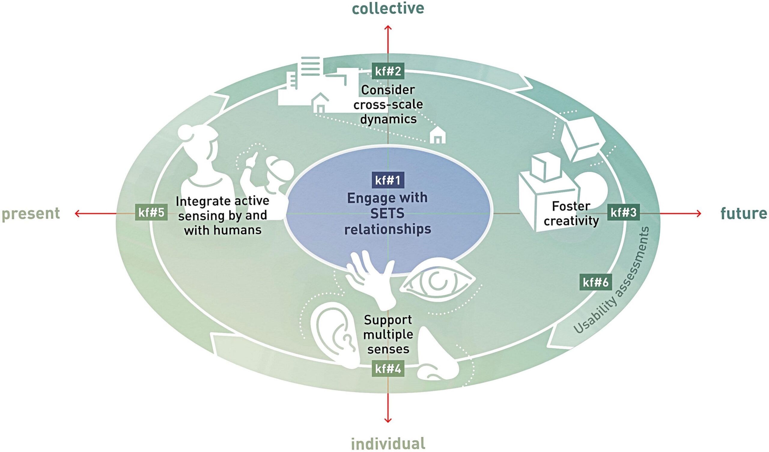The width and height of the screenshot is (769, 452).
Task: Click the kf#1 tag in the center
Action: coord(388,180)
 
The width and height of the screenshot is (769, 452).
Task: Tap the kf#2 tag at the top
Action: coord(388,71)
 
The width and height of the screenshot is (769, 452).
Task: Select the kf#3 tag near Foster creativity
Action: coord(623,212)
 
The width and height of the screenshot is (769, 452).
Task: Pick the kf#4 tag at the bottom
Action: coord(388,369)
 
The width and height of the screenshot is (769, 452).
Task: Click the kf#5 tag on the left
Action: coord(151,212)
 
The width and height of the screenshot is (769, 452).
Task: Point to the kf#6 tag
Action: coord(595,282)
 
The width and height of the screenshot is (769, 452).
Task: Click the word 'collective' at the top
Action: coord(388,8)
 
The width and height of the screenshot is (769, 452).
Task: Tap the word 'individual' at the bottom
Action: coord(388,443)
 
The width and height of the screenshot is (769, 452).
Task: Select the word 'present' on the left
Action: coord(31,213)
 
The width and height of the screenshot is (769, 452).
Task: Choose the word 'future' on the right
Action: coord(743,213)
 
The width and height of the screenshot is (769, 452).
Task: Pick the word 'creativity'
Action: coord(571,221)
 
